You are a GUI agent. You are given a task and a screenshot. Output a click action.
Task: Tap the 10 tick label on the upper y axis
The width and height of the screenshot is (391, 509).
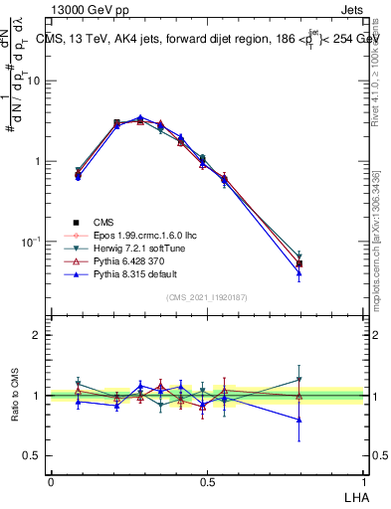(33, 82)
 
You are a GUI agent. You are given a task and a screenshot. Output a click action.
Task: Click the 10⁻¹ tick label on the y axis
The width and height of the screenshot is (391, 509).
(30, 242)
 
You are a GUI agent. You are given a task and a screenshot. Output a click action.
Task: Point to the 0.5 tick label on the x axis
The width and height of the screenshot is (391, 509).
(207, 480)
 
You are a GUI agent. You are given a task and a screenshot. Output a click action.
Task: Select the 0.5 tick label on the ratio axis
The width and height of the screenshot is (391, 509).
(33, 455)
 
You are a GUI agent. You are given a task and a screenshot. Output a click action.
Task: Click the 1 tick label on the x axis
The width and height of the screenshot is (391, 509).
(363, 480)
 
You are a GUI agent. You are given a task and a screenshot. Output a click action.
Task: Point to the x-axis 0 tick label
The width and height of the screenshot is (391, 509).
(51, 480)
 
